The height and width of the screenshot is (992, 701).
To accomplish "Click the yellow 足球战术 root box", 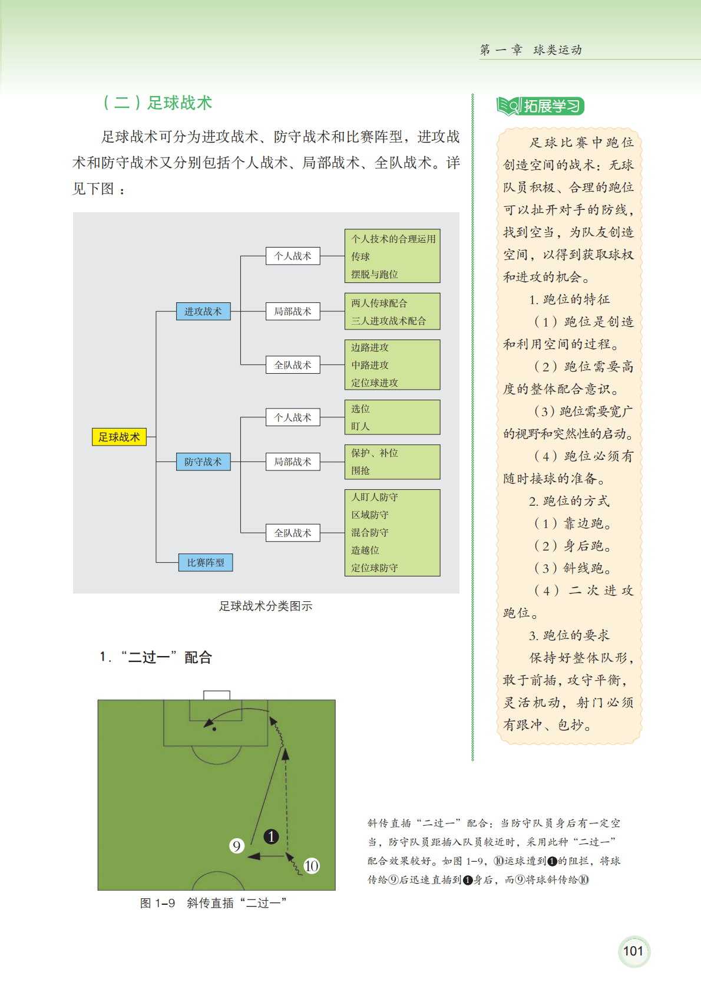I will click(x=119, y=437).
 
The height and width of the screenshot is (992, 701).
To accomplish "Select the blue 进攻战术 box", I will click(x=203, y=311).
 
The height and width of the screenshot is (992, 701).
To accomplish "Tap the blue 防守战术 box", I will click(x=203, y=462).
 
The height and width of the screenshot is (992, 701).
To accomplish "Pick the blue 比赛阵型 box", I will click(x=206, y=562).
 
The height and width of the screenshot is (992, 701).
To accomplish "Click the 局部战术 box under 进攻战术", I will click(x=292, y=311).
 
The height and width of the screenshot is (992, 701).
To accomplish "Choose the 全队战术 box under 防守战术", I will click(x=292, y=533).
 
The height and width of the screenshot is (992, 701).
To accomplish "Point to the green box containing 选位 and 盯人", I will click(x=392, y=417).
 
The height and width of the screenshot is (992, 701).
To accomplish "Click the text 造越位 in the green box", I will click(x=365, y=550).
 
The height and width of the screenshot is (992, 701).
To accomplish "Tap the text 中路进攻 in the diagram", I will click(x=370, y=365).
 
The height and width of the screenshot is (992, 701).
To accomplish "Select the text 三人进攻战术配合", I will click(x=388, y=321).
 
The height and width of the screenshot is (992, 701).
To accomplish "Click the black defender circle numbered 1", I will click(x=271, y=836).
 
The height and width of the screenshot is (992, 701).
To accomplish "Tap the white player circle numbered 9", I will click(x=236, y=846).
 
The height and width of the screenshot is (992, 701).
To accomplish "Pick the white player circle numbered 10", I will click(x=311, y=866).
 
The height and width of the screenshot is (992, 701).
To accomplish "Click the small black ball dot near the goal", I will click(x=214, y=729).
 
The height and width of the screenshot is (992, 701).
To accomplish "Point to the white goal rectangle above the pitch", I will click(x=216, y=696).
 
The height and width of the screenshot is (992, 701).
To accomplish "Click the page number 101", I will click(x=633, y=951).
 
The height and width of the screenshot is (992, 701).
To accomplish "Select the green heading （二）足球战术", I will click(x=157, y=103).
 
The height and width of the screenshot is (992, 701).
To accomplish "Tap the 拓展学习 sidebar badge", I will click(x=540, y=106).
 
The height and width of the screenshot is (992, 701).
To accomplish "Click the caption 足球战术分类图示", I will click(x=266, y=606).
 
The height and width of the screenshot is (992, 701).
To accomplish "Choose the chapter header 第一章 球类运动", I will click(x=531, y=50).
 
